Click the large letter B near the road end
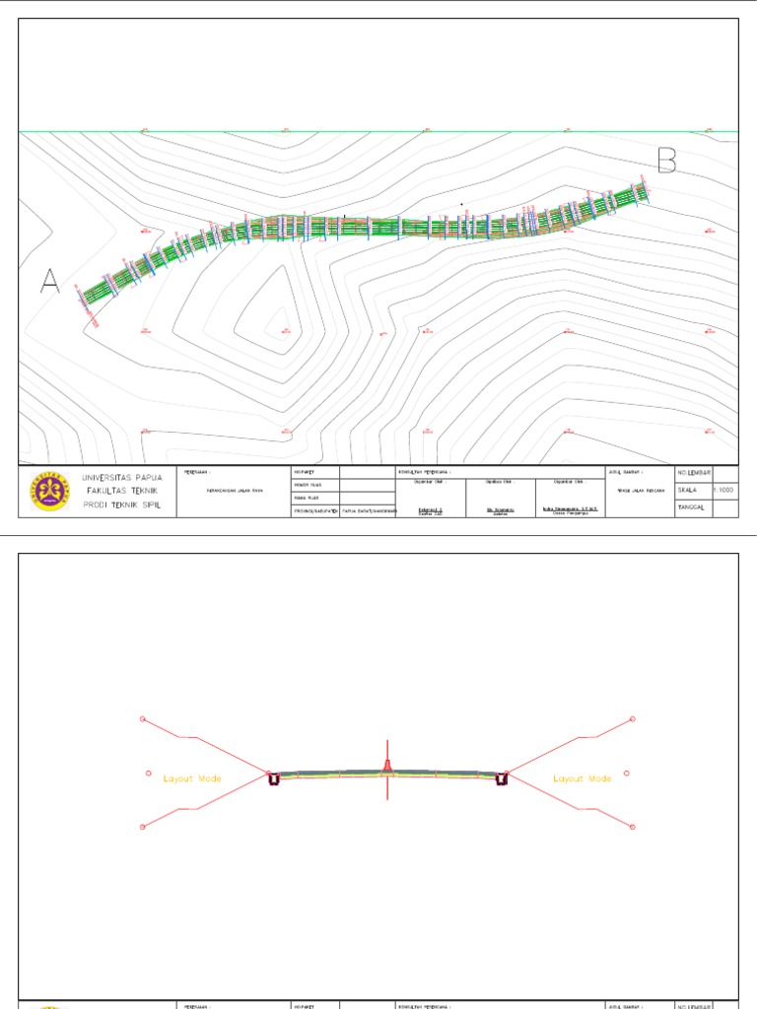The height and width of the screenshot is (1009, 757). [667, 161]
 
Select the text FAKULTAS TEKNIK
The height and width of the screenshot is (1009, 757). [122, 491]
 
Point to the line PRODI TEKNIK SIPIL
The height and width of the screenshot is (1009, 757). [122, 504]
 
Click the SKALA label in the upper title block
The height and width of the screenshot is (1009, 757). [688, 489]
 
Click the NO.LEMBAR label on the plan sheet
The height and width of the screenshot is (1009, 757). [694, 473]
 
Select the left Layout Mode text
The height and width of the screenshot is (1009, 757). [192, 778]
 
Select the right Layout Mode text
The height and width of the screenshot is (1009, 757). [582, 778]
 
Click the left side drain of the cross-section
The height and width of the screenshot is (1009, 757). [273, 779]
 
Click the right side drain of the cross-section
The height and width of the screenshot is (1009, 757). [502, 779]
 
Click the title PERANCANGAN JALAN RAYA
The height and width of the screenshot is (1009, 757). [234, 490]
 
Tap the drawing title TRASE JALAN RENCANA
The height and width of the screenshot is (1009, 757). [634, 490]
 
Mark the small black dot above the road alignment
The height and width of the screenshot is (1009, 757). [462, 204]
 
